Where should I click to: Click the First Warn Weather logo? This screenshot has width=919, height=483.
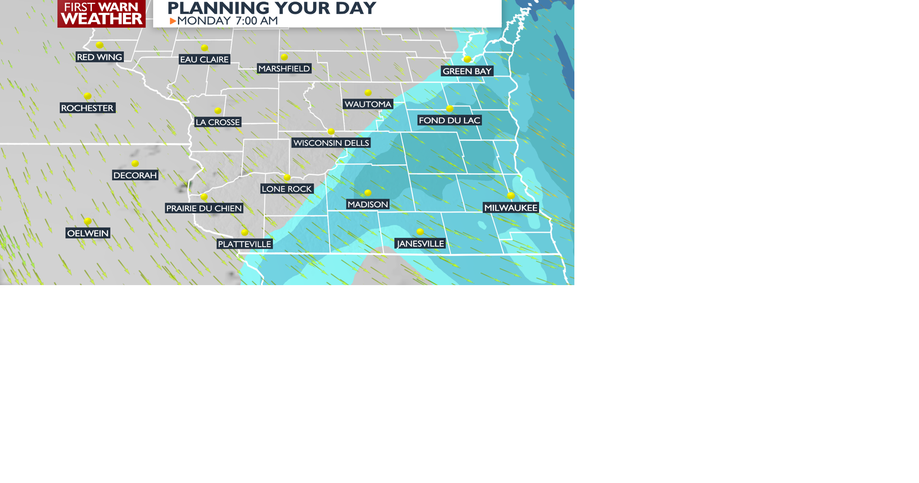click(x=101, y=13)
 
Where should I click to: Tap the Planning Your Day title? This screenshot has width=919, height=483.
click(x=271, y=8)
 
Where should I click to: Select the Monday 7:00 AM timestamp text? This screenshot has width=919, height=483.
click(x=227, y=21)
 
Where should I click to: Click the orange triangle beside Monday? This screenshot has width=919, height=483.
click(x=173, y=21)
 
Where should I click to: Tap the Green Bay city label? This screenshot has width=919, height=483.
click(x=467, y=71)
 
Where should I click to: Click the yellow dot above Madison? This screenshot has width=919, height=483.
click(x=368, y=193)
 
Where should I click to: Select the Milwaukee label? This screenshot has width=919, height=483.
click(x=511, y=207)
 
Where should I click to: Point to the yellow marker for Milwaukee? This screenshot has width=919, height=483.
click(x=511, y=195)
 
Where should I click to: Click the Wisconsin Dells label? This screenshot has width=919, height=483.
click(x=331, y=143)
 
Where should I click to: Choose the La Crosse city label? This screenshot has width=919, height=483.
click(x=218, y=122)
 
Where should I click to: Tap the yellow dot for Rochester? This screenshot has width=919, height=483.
click(x=88, y=96)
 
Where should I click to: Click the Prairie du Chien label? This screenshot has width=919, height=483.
click(x=204, y=208)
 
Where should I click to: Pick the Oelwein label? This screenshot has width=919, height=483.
click(x=88, y=233)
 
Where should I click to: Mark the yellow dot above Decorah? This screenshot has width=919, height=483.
click(x=135, y=163)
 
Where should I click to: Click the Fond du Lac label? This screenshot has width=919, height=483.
click(x=449, y=120)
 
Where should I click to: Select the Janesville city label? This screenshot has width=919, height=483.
click(x=420, y=243)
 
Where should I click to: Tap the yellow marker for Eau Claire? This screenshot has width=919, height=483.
click(x=204, y=47)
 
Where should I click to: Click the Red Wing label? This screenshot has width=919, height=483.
click(x=100, y=57)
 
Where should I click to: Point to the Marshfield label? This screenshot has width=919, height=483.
click(x=284, y=69)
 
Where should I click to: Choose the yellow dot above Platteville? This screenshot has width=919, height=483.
click(x=245, y=232)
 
